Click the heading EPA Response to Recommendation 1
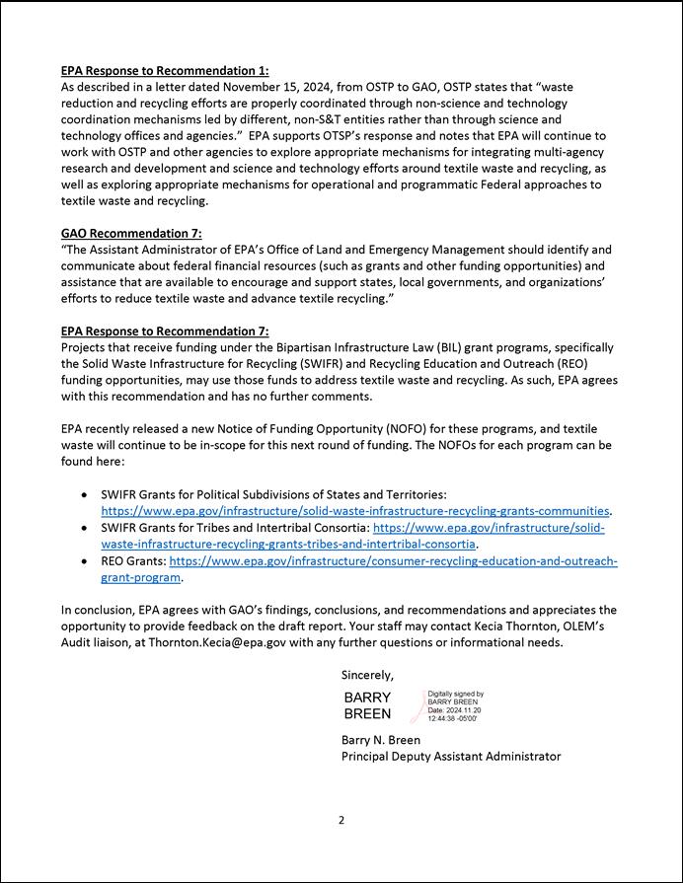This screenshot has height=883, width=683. click(164, 71)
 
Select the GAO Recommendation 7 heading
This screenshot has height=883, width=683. click(131, 234)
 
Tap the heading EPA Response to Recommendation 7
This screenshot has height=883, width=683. click(164, 331)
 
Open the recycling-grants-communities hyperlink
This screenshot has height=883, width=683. click(355, 511)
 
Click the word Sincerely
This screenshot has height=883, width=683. click(367, 675)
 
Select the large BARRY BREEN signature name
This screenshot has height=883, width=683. click(367, 705)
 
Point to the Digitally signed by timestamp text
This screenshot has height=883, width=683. click(455, 706)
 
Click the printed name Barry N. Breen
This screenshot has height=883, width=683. click(381, 739)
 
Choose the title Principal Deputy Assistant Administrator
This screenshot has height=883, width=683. click(451, 756)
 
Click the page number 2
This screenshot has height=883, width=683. click(341, 820)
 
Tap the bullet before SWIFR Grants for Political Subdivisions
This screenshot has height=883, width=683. click(88, 494)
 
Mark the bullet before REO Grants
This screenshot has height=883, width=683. click(88, 561)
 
